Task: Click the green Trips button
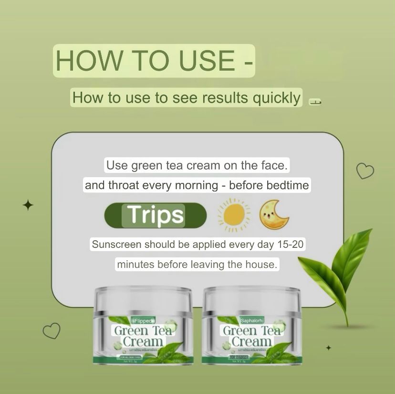(x=156, y=216)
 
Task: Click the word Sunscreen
(x=116, y=245)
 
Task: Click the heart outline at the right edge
(x=365, y=170)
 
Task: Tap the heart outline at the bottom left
(x=52, y=330)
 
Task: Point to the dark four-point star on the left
(x=28, y=205)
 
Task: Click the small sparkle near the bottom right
(x=328, y=348)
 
